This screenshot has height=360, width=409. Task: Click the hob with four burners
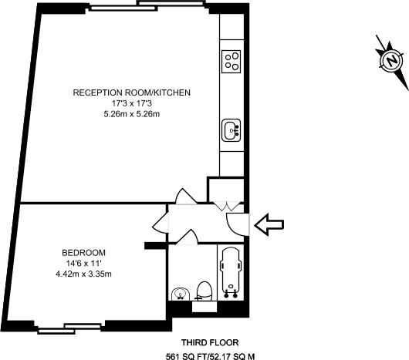(231, 59)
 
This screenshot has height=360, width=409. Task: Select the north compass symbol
(391, 59)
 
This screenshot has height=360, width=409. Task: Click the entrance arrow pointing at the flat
(269, 225)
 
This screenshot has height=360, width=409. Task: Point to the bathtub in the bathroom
(230, 271)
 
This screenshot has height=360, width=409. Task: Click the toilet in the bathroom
(204, 291)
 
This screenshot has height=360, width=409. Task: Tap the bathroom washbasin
(180, 294)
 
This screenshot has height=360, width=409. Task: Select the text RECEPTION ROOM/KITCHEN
(131, 93)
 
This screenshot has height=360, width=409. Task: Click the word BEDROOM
(84, 252)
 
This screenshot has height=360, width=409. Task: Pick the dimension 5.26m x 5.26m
(131, 114)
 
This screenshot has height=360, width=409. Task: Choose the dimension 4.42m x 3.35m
(84, 274)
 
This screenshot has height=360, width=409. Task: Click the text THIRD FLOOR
(209, 342)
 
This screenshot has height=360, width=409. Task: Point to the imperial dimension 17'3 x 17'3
(131, 103)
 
